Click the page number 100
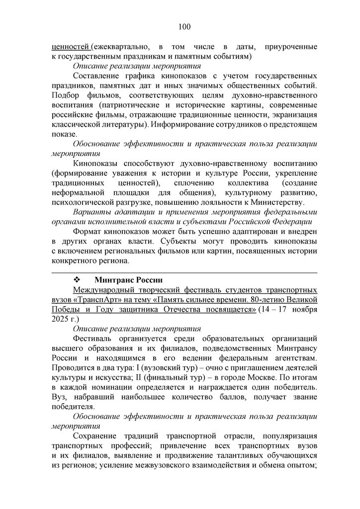coord(183,26)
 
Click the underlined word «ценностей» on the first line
coord(70,47)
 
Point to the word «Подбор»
coord(65,95)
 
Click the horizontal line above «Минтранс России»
coord(184,272)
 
